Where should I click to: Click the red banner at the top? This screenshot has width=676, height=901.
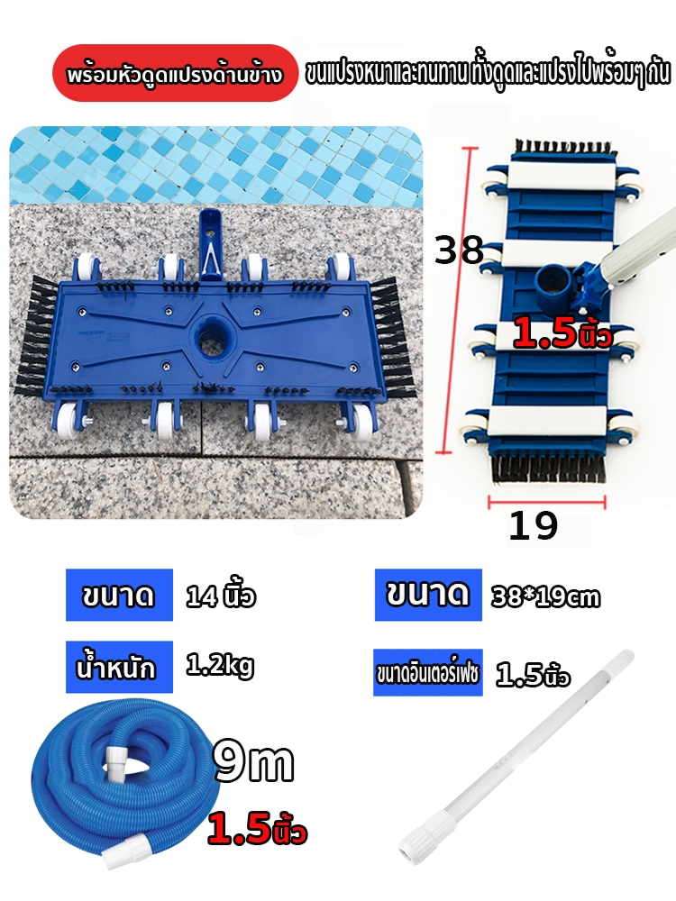point(176,74)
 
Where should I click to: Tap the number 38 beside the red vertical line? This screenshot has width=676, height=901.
point(460,250)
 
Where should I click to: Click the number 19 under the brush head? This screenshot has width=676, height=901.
point(533,525)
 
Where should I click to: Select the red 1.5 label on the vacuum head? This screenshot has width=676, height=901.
point(562,333)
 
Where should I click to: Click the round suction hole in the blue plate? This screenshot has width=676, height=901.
point(211,338)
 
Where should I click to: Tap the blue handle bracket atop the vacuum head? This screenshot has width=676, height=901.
point(210,244)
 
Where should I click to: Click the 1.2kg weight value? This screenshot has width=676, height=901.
point(220,666)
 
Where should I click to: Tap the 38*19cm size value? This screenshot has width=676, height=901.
point(545,596)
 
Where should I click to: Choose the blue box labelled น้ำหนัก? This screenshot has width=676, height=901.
point(119,667)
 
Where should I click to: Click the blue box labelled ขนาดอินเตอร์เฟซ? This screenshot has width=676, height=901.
point(427,672)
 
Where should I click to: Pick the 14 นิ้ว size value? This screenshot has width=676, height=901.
point(221,596)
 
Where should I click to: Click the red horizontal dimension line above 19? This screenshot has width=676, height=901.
point(547,503)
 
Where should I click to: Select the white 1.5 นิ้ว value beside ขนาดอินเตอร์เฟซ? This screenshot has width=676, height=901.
point(533,675)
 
